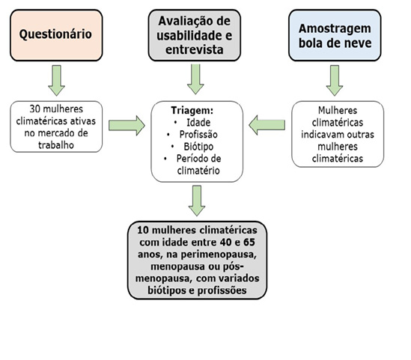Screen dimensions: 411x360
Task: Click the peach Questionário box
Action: click(56, 35)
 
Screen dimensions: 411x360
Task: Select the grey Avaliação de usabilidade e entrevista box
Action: click(195, 35)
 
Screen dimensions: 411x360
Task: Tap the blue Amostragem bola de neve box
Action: click(335, 35)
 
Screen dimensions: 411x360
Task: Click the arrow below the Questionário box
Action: click(56, 80)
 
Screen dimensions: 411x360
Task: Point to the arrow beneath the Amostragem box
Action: click(335, 80)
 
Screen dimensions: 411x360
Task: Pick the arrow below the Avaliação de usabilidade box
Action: click(195, 79)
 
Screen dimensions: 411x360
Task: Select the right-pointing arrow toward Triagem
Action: click(127, 126)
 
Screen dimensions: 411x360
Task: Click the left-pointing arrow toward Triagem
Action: click(267, 125)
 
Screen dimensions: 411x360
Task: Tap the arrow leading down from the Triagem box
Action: click(197, 201)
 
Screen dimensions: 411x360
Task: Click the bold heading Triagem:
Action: click(192, 110)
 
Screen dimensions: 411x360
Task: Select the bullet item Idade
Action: click(198, 122)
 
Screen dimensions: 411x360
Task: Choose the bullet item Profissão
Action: click(198, 135)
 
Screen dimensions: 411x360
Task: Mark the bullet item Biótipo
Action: click(198, 147)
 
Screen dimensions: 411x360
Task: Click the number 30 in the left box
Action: click(34, 109)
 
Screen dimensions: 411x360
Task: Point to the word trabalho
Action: click(56, 145)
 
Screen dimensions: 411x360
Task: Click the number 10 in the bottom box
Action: click(143, 230)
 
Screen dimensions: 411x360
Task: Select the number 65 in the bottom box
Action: click(249, 242)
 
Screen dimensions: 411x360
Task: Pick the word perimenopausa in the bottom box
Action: click(218, 254)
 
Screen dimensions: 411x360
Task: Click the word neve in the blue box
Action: click(359, 43)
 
